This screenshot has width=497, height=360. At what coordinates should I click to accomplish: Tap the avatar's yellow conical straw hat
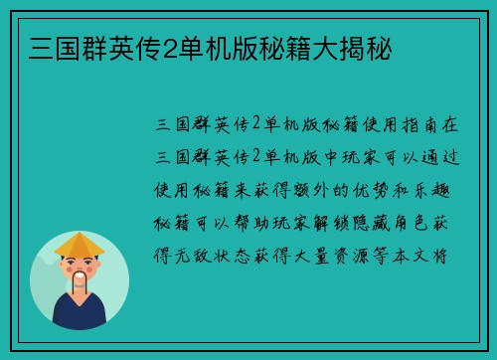[x=79, y=244]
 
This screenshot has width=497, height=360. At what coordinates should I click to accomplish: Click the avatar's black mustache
[x=79, y=279]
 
